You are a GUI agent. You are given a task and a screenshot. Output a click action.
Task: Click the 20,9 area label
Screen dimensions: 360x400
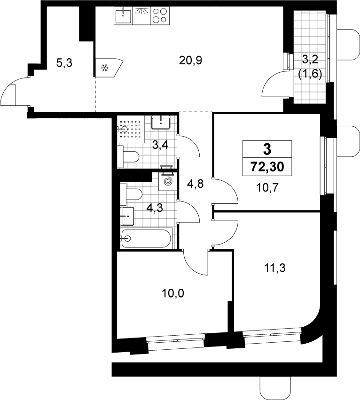pyautogui.click(x=190, y=61)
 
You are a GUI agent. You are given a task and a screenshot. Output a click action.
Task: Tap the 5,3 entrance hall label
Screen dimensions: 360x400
pyautogui.click(x=64, y=63)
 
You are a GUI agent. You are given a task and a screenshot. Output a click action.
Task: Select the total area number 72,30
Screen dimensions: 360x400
pyautogui.click(x=267, y=167)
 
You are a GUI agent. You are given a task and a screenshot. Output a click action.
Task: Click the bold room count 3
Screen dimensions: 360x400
pyautogui.click(x=267, y=149)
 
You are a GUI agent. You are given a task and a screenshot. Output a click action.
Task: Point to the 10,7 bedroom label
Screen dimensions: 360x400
pyautogui.click(x=267, y=188)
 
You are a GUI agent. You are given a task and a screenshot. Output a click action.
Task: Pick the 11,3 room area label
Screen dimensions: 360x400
pyautogui.click(x=274, y=268)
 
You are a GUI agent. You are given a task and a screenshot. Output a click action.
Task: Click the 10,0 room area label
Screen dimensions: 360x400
pyautogui.click(x=173, y=293)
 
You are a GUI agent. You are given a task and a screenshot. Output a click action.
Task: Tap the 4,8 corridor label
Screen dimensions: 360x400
pyautogui.click(x=196, y=184)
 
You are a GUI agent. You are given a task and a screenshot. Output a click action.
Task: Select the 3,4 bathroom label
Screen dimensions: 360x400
pyautogui.click(x=160, y=146)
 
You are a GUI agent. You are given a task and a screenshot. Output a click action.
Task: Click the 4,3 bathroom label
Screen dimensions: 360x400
pyautogui.click(x=155, y=208)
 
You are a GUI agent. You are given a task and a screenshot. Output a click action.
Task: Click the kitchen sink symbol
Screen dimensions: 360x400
pyautogui.click(x=123, y=15)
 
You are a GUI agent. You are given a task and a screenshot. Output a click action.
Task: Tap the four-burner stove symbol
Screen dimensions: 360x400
pyautogui.click(x=160, y=15)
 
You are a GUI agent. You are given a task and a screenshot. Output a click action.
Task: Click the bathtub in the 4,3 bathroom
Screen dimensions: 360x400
pyautogui.click(x=146, y=238)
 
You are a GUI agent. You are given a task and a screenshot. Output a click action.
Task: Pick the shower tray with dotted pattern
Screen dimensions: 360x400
pyautogui.click(x=131, y=129)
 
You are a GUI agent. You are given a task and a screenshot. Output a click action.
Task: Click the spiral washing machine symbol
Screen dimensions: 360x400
pyautogui.click(x=167, y=181)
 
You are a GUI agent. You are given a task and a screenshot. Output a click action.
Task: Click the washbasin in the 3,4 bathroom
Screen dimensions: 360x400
pyautogui.click(x=161, y=123)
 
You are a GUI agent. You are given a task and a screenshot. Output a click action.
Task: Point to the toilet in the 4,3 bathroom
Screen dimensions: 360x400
pyautogui.click(x=131, y=194)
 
